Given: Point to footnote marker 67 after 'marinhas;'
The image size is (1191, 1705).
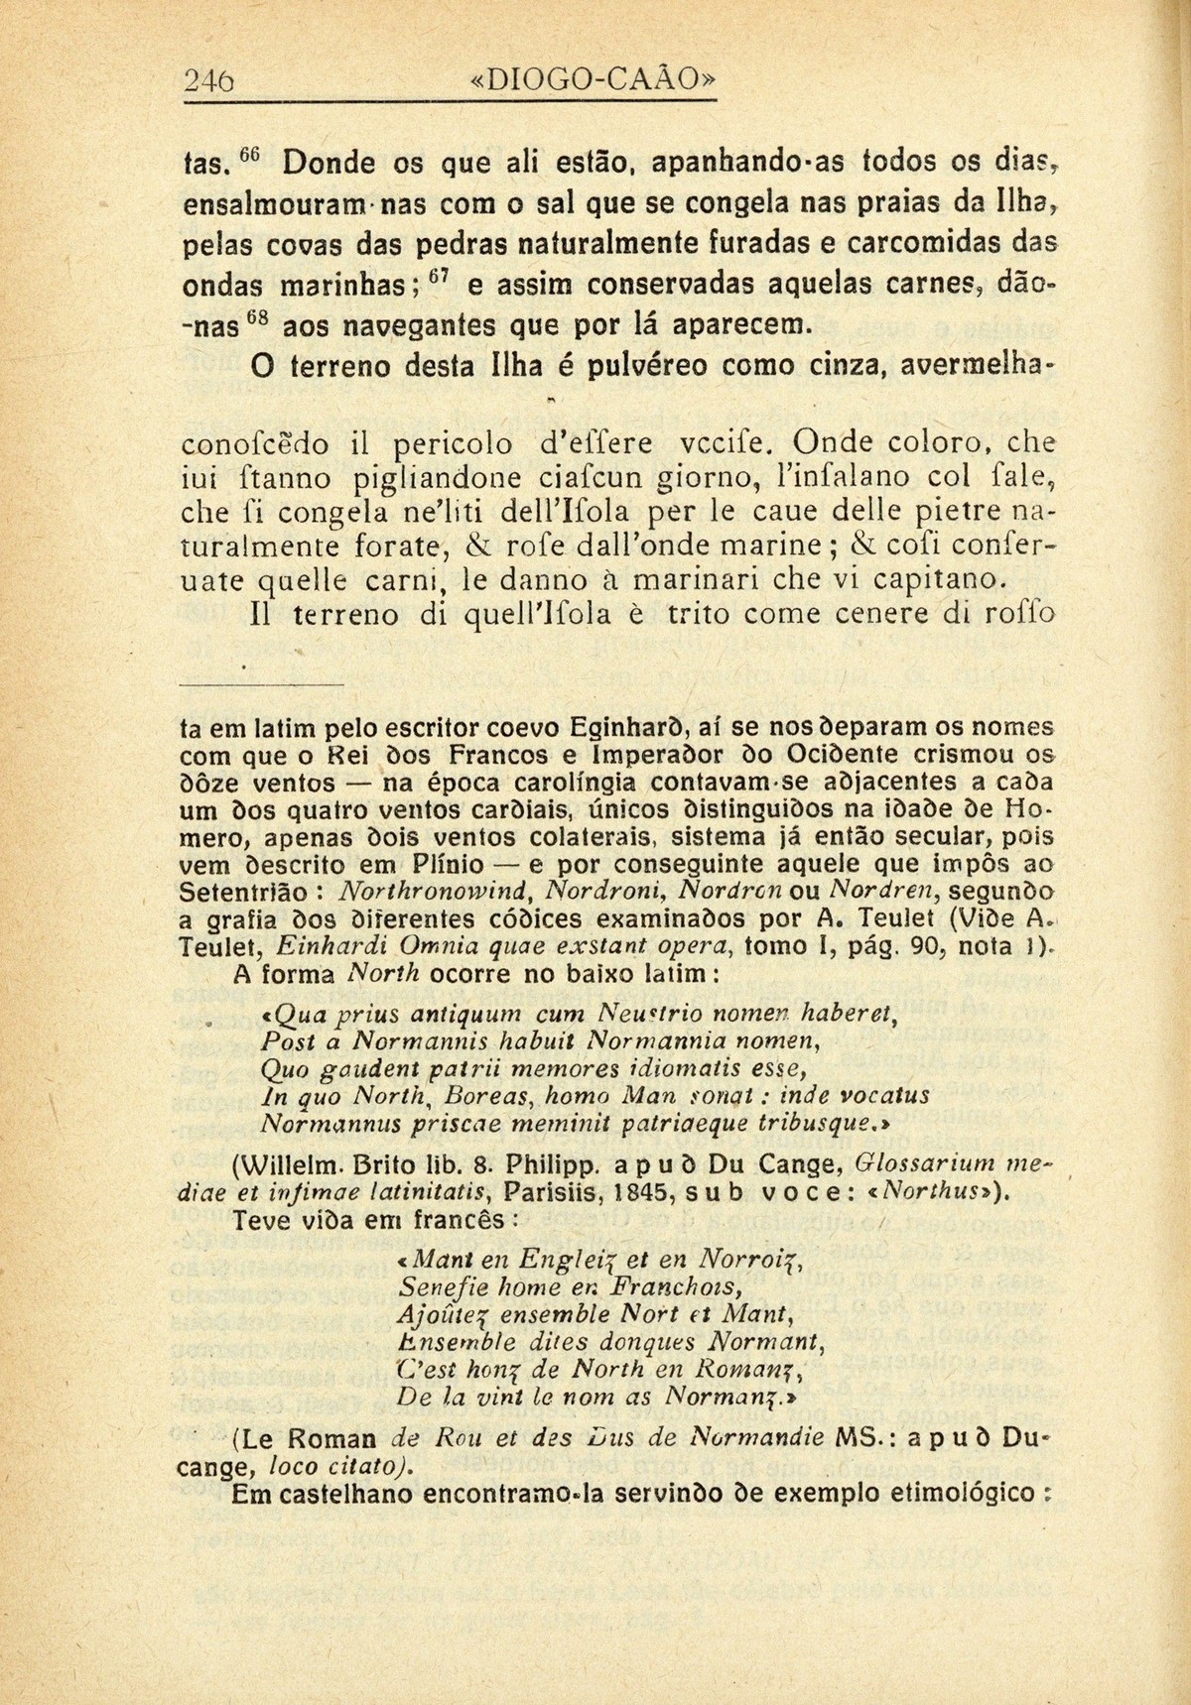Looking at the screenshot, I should click(444, 275).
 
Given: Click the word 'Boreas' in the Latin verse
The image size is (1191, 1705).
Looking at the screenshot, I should click(489, 1096).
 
